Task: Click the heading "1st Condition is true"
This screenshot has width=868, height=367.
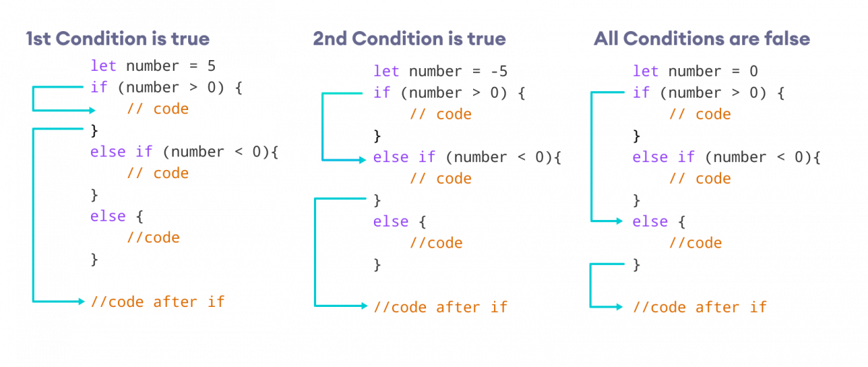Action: (x=117, y=38)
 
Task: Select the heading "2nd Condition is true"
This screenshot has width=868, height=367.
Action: (x=409, y=38)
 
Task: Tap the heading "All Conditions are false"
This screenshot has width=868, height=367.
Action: (x=701, y=38)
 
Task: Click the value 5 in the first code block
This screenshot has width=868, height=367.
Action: (x=211, y=66)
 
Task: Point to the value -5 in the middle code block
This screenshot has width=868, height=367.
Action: (x=498, y=71)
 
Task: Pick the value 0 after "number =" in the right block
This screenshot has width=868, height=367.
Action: (x=754, y=71)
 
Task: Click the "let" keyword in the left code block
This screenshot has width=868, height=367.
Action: (x=103, y=66)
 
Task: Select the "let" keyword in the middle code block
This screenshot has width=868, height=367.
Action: (x=386, y=71)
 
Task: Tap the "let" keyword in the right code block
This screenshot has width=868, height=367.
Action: (x=645, y=71)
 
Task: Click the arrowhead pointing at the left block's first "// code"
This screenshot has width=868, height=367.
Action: (x=93, y=110)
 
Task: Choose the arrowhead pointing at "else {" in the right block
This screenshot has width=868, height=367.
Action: (x=619, y=221)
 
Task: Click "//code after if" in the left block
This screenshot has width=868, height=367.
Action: (x=158, y=301)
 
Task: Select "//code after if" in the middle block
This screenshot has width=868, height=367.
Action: (x=441, y=307)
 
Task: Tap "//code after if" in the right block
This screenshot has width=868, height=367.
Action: (x=699, y=307)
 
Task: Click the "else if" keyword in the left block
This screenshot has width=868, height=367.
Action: (x=122, y=152)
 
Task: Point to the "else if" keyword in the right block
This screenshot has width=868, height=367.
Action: (x=663, y=157)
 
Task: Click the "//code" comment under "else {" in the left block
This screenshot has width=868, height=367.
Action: (x=153, y=237)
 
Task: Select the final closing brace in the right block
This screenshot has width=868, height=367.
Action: (x=637, y=264)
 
